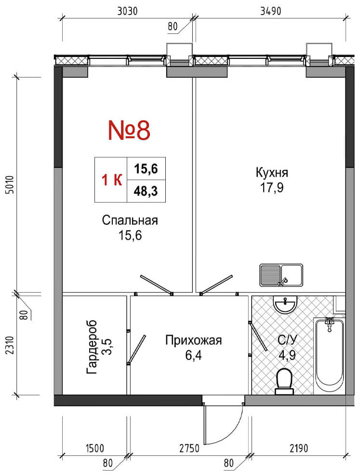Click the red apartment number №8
point(129,130)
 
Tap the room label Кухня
point(272,173)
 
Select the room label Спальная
point(130,220)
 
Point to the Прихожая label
point(193,340)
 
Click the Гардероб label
point(92,347)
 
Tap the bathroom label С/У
point(286,340)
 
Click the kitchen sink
point(281,275)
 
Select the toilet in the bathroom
point(284,381)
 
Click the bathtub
point(329,355)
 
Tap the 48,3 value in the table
point(146,191)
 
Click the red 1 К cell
point(112,180)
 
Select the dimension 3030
point(127,11)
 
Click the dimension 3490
point(270,11)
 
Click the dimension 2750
point(189,448)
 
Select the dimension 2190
point(298,448)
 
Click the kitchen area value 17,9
point(272,188)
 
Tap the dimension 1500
point(95,448)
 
